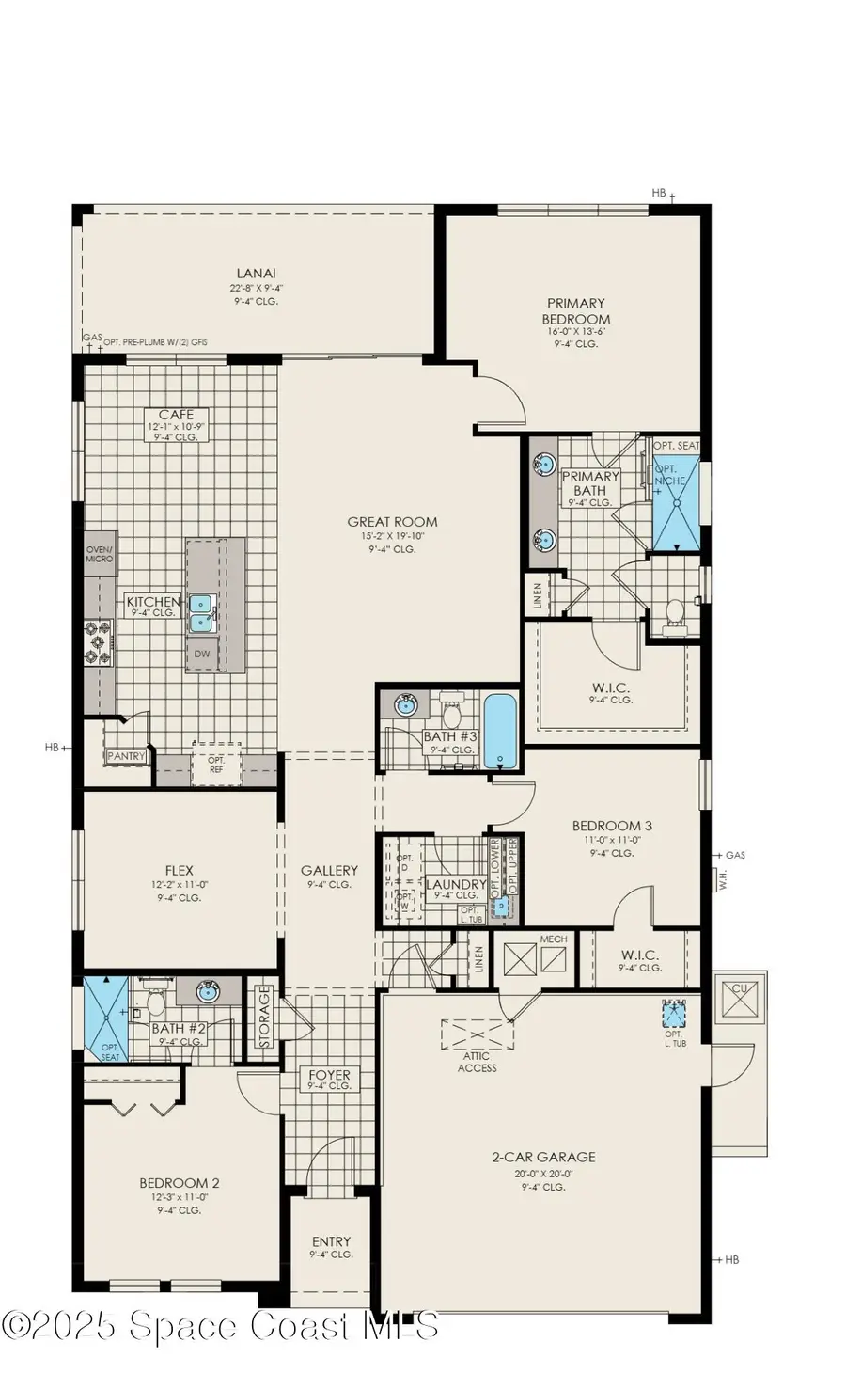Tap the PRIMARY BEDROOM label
pyautogui.click(x=576, y=310)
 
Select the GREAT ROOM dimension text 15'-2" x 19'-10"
pyautogui.click(x=392, y=536)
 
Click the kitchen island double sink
pyautogui.click(x=202, y=612)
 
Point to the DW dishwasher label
pyautogui.click(x=202, y=654)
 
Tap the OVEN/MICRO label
pyautogui.click(x=100, y=554)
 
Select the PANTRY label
pyautogui.click(x=126, y=755)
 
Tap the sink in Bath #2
pyautogui.click(x=208, y=990)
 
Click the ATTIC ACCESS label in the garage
pyautogui.click(x=478, y=1062)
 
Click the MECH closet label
pyautogui.click(x=553, y=939)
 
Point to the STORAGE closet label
pyautogui.click(x=264, y=1016)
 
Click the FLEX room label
pyautogui.click(x=179, y=871)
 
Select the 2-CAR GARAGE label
pyautogui.click(x=543, y=1157)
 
